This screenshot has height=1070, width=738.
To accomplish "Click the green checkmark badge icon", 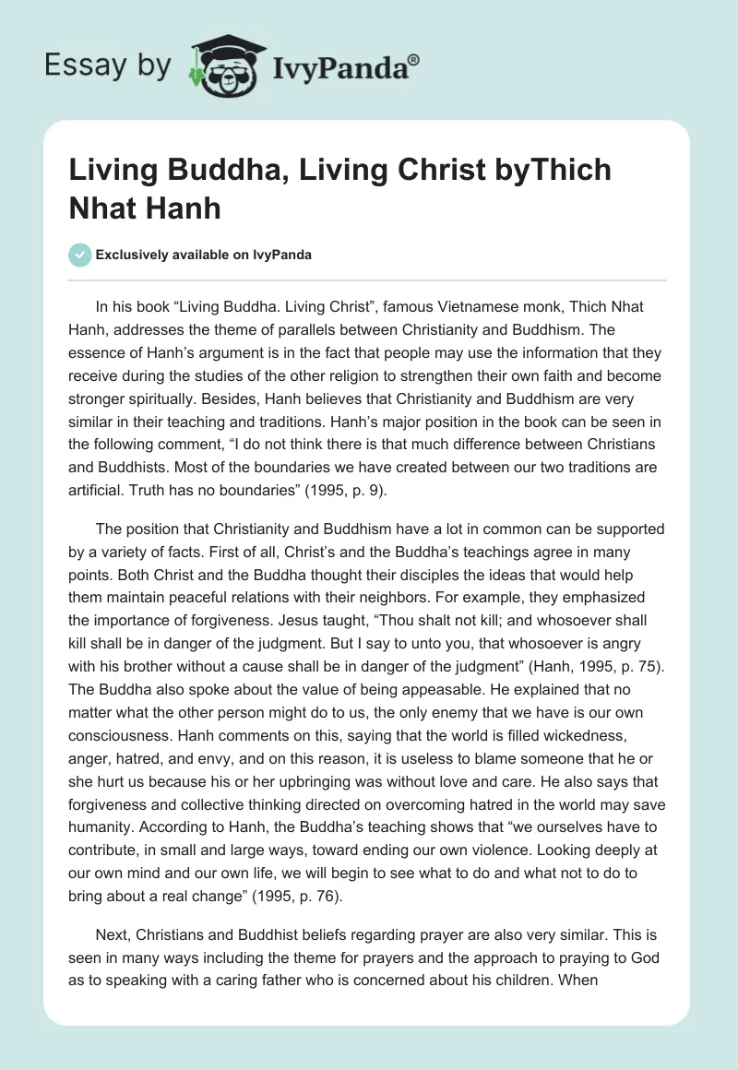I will (x=80, y=255).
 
